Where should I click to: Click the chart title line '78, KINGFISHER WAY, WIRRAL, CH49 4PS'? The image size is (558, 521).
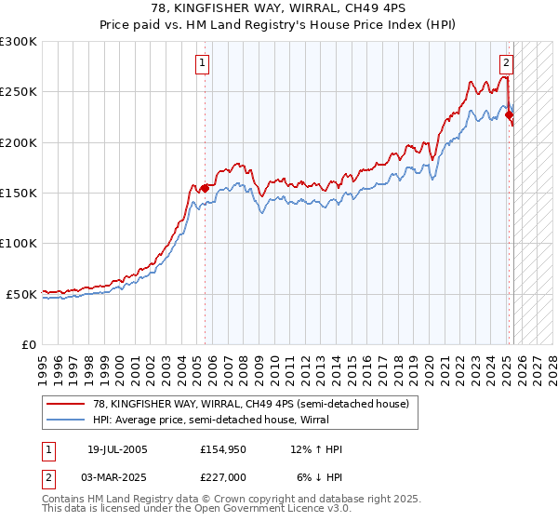click(x=279, y=8)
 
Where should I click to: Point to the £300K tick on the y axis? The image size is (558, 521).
click(x=19, y=42)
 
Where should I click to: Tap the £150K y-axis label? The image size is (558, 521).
click(x=19, y=193)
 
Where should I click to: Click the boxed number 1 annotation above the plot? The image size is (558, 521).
click(x=203, y=64)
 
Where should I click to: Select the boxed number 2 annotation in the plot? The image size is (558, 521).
click(x=506, y=64)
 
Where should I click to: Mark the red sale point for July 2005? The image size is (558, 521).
click(x=205, y=188)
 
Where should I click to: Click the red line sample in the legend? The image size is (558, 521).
click(x=65, y=404)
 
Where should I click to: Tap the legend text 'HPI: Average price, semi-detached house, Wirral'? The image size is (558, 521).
click(x=211, y=420)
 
